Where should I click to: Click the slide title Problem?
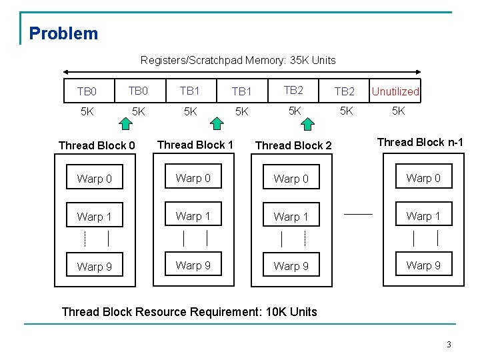pos(63,33)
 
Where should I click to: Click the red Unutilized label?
pos(395,91)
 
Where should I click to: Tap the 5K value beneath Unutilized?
pos(397,111)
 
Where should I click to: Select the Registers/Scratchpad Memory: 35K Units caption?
pos(238,60)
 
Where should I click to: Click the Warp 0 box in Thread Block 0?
pos(95,179)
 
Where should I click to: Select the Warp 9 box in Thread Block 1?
pos(193,265)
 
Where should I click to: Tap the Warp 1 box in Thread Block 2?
pos(291,217)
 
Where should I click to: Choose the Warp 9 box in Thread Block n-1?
pos(423,265)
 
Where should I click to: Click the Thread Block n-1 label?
pos(420,142)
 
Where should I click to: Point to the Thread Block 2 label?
pos(293,145)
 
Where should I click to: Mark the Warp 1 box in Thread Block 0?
pos(95,217)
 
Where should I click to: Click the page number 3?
pos(449,345)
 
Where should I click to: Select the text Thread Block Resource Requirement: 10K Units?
pos(189,311)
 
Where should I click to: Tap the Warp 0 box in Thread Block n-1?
pos(423,178)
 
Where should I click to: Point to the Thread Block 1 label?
pos(195,145)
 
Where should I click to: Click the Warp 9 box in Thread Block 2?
pos(291,266)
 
